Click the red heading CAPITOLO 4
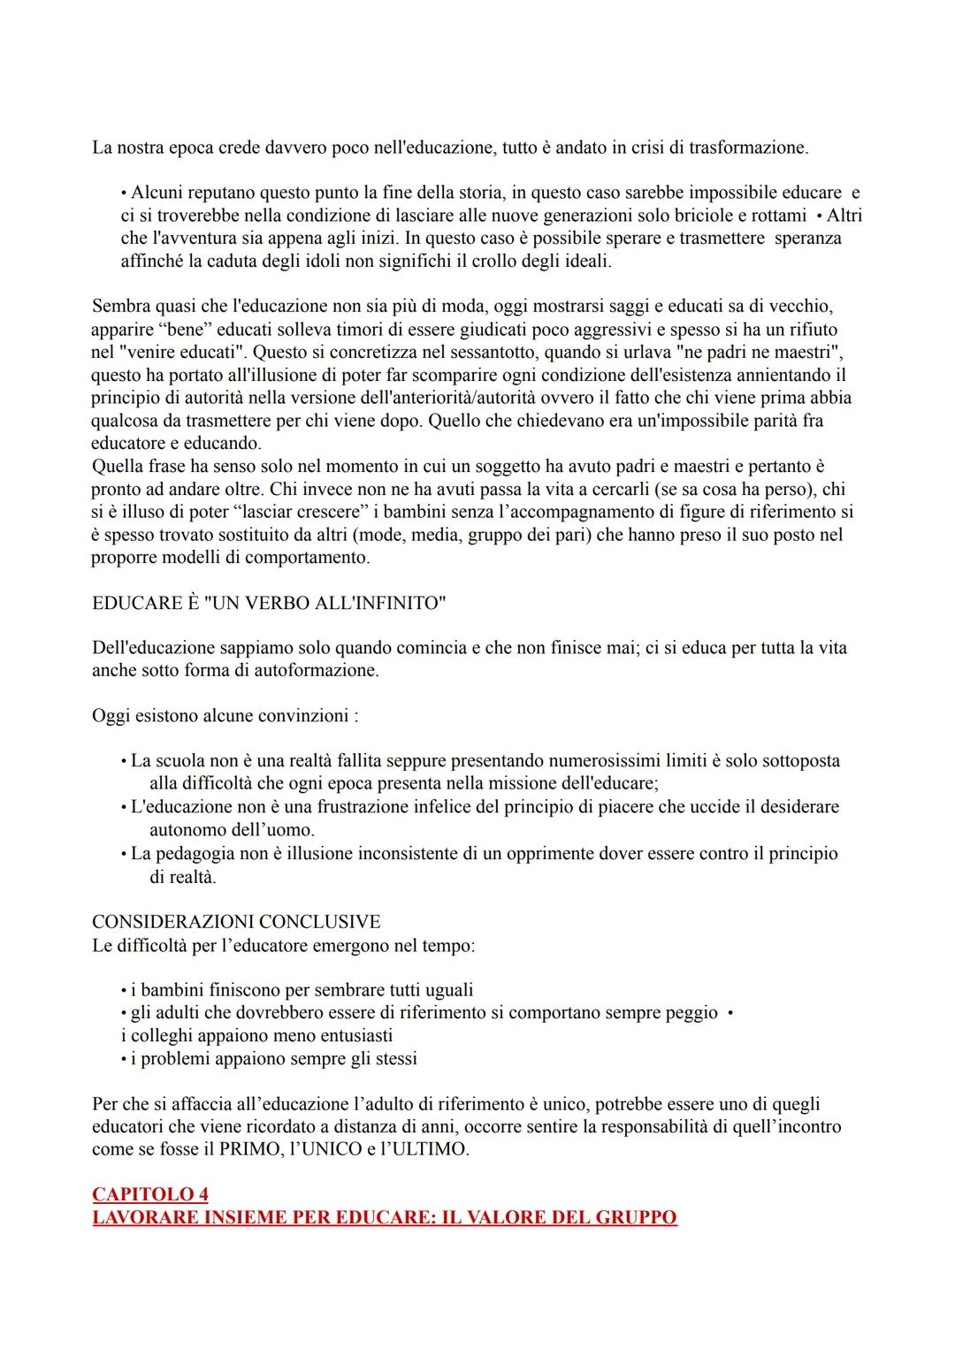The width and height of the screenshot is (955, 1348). coord(150,1194)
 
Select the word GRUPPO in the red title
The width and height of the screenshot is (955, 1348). coord(636,1217)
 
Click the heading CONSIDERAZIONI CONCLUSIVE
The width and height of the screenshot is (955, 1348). coord(236,922)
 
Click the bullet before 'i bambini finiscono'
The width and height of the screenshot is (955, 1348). coord(124,990)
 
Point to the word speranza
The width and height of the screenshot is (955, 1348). coord(807,239)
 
